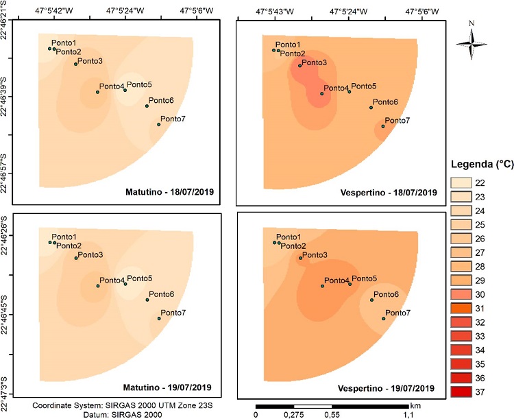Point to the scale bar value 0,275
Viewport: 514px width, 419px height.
point(293,414)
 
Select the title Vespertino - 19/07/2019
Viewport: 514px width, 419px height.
point(387,386)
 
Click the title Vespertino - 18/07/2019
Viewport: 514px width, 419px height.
point(387,191)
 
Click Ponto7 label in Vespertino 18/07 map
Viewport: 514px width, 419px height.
point(397,121)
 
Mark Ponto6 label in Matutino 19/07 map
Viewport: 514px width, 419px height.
point(161,294)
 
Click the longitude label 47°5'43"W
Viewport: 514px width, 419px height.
point(274,12)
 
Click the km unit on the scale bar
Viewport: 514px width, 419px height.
point(415,405)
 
